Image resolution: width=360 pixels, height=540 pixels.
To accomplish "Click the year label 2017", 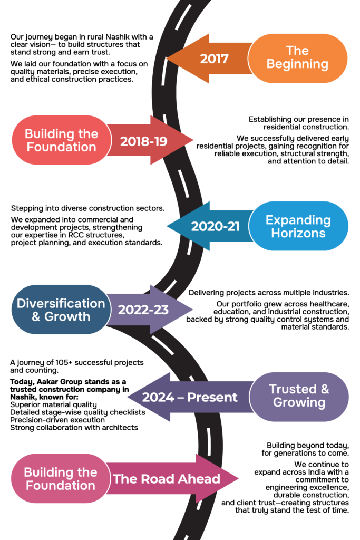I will [x=214, y=59].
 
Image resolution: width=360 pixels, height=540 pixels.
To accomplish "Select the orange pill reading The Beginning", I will [x=298, y=58].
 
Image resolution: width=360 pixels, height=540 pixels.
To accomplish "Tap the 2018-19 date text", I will [x=143, y=141].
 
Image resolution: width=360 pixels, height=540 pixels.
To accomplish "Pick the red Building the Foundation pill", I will [x=61, y=140].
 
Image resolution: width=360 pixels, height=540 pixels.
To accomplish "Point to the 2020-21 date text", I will [x=215, y=227].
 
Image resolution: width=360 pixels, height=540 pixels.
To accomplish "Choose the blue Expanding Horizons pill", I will [x=298, y=226].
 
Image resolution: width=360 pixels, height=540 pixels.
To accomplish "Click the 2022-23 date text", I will [x=143, y=310].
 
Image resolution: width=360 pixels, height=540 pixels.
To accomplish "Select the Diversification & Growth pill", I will [x=61, y=310].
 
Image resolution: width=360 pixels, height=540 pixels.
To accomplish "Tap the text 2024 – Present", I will [x=190, y=398].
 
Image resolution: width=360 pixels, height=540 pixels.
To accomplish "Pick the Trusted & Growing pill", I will [x=299, y=396].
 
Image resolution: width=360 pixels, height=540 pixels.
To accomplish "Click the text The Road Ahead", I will [x=166, y=479].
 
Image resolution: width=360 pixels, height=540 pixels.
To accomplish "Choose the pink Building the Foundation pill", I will [x=60, y=479].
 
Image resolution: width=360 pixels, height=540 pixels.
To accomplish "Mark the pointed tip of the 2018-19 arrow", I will [x=193, y=140].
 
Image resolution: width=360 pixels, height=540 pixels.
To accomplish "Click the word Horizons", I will [x=298, y=233].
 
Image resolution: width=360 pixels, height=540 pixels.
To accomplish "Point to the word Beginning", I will [x=297, y=64].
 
